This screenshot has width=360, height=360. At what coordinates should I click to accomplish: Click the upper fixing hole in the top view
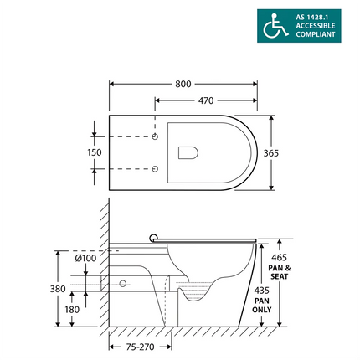(157, 136)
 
